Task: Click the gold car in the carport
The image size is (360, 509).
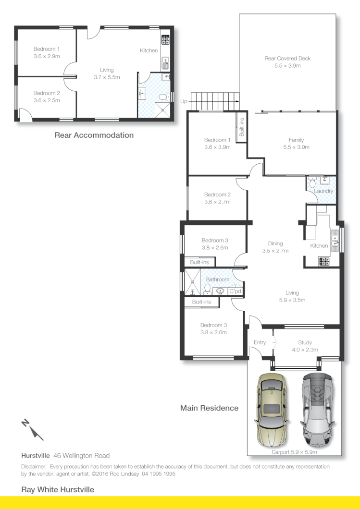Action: [272, 409]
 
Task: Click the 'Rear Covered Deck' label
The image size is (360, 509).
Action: [287, 62]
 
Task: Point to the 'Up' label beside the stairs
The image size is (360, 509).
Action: [184, 101]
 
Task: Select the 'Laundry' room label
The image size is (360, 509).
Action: [323, 191]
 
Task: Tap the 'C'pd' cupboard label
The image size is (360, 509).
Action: [235, 291]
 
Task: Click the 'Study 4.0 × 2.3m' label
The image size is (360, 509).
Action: [305, 346]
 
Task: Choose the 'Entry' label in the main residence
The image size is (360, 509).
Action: [260, 342]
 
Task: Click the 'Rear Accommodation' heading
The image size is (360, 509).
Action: [94, 135]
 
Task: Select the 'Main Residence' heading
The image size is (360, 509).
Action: [209, 408]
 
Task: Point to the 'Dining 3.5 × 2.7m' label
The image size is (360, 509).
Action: [275, 247]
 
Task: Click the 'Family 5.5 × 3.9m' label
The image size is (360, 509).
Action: [293, 144]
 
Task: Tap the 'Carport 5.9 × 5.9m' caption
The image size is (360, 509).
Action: [294, 452]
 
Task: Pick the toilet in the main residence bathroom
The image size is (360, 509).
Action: [208, 289]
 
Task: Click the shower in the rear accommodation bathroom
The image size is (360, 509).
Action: [165, 108]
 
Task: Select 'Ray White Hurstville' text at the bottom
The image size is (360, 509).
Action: [58, 490]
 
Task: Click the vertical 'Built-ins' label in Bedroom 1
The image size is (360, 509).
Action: [241, 127]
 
